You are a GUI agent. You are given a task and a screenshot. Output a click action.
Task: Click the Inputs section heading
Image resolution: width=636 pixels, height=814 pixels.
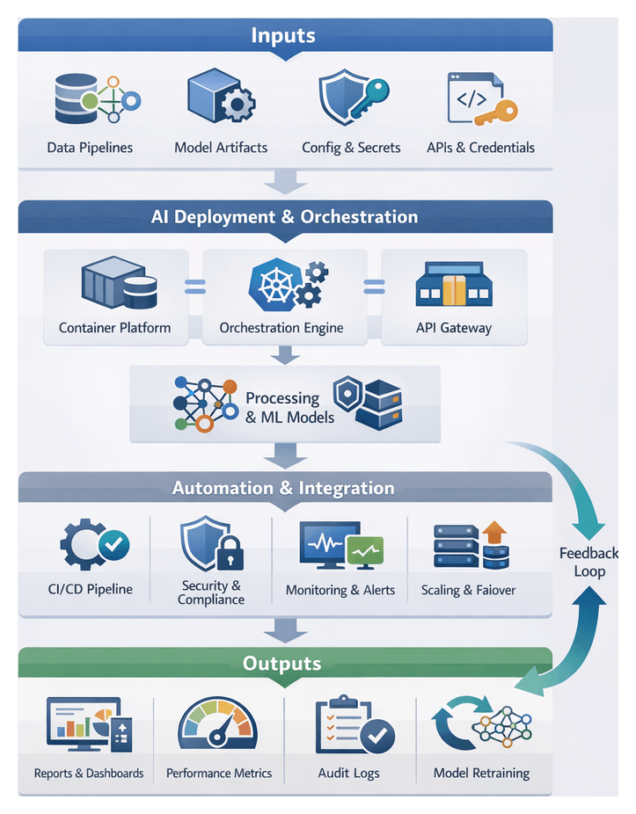coord(283,36)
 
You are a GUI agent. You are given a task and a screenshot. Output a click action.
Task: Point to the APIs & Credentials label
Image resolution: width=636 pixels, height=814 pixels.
coord(480,148)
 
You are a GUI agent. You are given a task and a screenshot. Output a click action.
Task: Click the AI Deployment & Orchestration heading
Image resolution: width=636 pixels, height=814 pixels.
coord(284,217)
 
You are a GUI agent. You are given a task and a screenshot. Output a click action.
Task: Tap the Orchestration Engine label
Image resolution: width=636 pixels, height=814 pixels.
coord(281,329)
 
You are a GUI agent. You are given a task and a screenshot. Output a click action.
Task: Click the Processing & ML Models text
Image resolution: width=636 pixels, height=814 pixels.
coord(289,408)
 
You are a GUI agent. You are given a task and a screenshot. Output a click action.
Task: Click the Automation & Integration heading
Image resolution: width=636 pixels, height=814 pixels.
coord(283,489)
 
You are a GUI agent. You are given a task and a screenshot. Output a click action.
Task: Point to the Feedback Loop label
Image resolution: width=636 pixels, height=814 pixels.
coord(589,563)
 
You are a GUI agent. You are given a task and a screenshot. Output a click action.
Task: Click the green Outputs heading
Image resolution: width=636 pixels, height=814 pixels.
coord(282,664)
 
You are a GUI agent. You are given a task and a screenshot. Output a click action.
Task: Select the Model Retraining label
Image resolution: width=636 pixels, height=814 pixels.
coord(481,774)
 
